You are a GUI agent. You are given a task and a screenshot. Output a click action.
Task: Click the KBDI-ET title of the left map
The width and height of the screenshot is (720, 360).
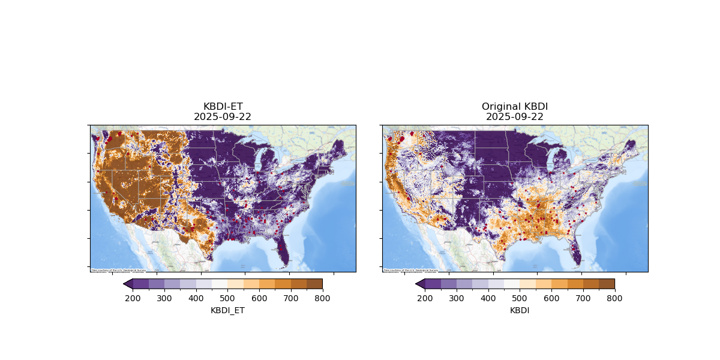click(223, 107)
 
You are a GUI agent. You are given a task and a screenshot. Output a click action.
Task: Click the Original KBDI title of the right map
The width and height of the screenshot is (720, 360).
click(515, 107)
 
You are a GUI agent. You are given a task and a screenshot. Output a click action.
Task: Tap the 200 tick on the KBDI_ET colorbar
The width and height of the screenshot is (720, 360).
click(133, 298)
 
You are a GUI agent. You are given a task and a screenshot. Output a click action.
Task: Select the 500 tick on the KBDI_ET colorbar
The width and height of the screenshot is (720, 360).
click(227, 298)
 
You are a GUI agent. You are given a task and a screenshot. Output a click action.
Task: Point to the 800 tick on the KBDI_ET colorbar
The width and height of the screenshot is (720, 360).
click(322, 298)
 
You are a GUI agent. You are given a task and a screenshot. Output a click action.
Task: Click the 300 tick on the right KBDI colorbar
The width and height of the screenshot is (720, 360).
click(457, 298)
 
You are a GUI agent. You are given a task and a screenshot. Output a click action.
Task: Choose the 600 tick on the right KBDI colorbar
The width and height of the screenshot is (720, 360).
click(551, 298)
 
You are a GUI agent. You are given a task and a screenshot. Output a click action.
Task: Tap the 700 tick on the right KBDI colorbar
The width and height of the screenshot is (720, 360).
click(583, 298)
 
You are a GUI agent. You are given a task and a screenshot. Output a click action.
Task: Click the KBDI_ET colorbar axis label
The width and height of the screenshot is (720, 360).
click(227, 310)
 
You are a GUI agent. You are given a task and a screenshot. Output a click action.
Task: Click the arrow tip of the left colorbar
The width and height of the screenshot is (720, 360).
click(124, 284)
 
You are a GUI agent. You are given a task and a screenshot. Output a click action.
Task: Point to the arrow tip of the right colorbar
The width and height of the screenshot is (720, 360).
click(416, 284)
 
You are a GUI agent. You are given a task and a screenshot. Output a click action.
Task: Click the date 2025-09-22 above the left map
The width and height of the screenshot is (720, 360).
click(223, 117)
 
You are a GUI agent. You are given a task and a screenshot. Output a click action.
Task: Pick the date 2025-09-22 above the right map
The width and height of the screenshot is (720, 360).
click(515, 117)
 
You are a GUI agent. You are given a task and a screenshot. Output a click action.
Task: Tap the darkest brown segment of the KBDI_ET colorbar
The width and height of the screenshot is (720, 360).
click(314, 284)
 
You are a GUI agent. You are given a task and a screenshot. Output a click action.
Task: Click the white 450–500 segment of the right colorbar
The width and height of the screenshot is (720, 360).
click(512, 284)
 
